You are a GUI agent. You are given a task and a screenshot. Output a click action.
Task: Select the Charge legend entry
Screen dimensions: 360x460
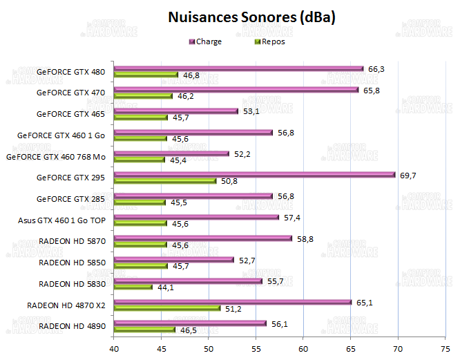208,41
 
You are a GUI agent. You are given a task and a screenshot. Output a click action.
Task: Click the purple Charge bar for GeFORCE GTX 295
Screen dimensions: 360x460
254,175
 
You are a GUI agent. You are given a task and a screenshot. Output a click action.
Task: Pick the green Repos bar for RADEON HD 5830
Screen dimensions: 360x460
133,287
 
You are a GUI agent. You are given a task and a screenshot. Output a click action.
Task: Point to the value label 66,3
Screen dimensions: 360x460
377,68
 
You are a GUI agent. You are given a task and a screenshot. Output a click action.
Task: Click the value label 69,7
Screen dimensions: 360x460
409,176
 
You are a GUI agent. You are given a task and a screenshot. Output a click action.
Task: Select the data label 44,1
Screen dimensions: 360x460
166,287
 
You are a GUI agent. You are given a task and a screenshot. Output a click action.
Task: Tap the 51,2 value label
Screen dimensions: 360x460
233,309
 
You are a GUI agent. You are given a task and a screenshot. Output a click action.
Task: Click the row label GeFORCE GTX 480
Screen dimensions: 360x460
70,71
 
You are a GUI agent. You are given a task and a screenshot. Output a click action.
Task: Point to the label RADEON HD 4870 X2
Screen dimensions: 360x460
67,305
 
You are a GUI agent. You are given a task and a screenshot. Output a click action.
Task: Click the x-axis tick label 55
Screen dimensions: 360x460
256,348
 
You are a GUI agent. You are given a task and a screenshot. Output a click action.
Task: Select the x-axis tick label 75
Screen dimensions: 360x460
445,348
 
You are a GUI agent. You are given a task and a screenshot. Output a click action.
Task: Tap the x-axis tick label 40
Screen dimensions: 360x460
114,348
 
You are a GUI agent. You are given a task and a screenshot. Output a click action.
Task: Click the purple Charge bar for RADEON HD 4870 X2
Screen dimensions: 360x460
233,301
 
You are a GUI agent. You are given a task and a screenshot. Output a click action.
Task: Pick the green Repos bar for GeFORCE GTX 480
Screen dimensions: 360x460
146,75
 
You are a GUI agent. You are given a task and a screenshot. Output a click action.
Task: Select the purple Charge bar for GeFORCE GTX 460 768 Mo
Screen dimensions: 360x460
171,153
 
